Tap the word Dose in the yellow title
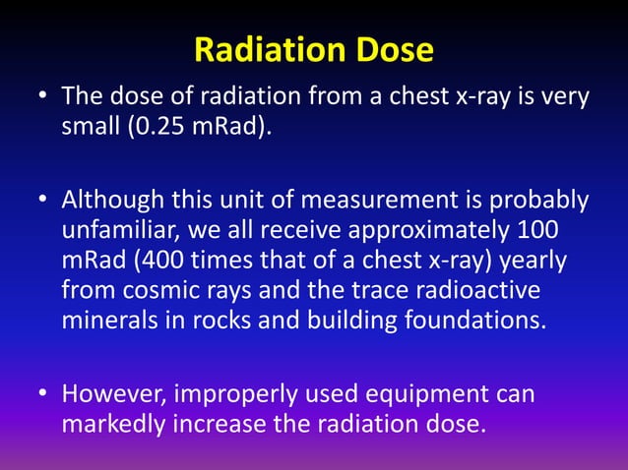[x=397, y=50]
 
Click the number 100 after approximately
[x=566, y=232]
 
